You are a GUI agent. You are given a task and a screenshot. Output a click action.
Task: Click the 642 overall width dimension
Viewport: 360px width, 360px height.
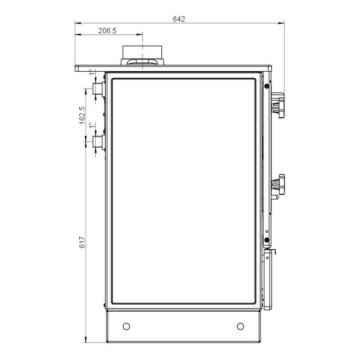click(x=179, y=19)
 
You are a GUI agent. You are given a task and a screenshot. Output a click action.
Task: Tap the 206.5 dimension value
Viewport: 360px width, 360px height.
click(x=107, y=30)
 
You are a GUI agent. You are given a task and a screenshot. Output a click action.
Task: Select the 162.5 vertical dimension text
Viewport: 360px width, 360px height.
click(x=82, y=115)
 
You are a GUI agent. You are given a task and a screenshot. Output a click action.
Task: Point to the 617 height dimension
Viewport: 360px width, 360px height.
click(x=82, y=242)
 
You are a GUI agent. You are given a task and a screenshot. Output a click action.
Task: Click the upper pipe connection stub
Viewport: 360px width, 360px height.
click(x=99, y=90)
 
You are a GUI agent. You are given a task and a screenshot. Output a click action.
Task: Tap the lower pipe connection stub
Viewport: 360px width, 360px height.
click(x=99, y=142)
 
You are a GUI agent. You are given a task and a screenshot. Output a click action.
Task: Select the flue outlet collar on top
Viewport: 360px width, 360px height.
click(x=142, y=55)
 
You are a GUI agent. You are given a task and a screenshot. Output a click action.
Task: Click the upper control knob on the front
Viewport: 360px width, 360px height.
click(x=278, y=105)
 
